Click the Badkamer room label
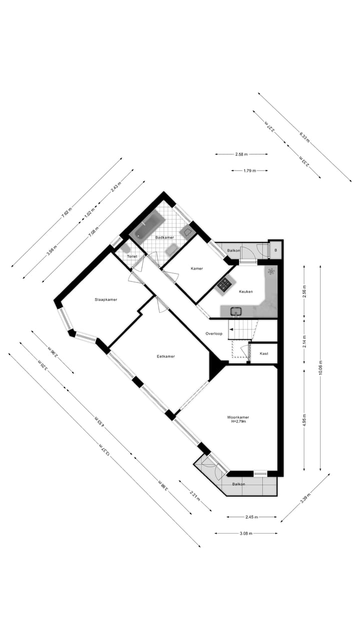pos(164,237)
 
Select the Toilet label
pos(132,256)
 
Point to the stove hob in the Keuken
pos(224,285)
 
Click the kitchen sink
pos(236,311)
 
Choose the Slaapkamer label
pos(106,299)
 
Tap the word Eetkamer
pos(165,356)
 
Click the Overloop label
pos(213,333)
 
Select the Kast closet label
pos(263,353)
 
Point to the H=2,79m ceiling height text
pos(238,421)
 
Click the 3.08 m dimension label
pos(245,533)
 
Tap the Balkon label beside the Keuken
pos(233,250)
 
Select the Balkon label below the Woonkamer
pos(238,484)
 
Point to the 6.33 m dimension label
pos(304,137)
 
